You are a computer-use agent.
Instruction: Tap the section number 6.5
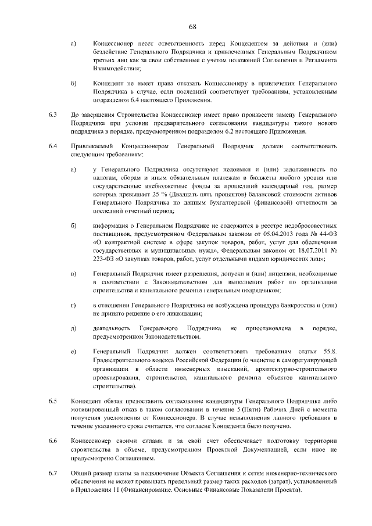pos(53,400)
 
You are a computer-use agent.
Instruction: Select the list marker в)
pos(73,273)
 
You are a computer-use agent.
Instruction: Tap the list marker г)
pos(73,305)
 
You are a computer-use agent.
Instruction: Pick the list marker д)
pos(73,329)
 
